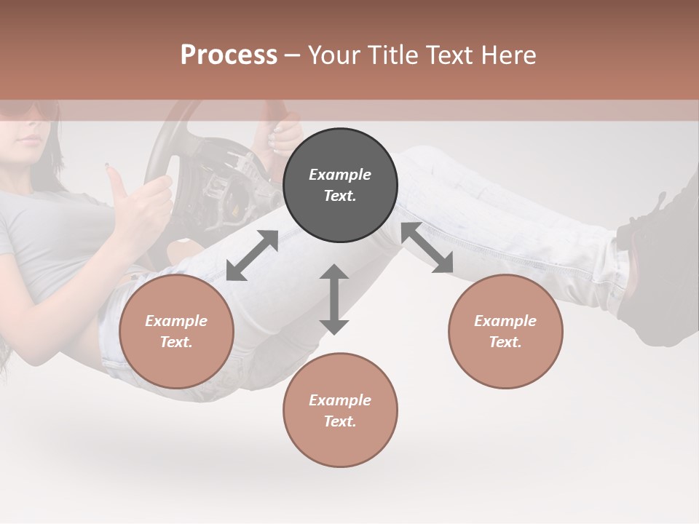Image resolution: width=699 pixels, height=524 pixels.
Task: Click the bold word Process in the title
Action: pos(229,55)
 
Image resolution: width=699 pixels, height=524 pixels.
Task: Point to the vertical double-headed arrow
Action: pos(334,299)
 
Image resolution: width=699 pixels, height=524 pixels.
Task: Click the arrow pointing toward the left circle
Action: pos(252,255)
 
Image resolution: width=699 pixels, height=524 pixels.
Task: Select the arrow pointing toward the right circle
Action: pos(427,247)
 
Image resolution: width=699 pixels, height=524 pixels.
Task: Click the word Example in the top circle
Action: pos(340,175)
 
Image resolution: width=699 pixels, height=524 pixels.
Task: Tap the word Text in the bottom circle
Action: pos(340,421)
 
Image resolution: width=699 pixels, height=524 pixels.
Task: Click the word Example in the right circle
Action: pos(505,321)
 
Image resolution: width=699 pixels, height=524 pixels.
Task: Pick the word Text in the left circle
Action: pos(176,342)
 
